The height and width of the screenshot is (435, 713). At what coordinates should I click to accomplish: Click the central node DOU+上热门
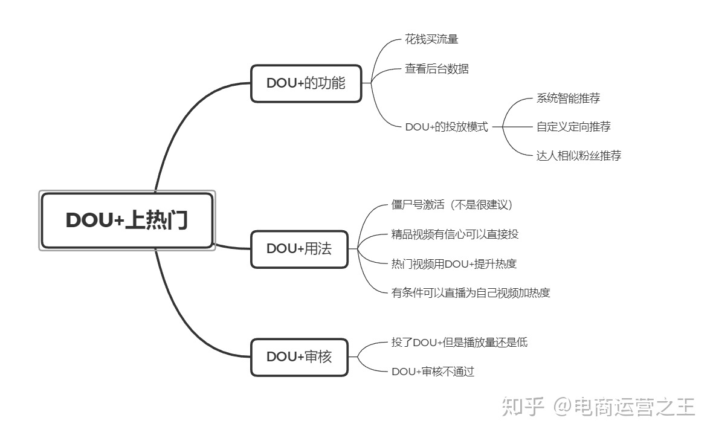click(127, 221)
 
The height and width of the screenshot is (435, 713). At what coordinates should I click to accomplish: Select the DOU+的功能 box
click(306, 83)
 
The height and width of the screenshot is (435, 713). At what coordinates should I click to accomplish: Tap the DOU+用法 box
click(299, 248)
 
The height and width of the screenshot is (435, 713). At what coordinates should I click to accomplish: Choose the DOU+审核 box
click(299, 356)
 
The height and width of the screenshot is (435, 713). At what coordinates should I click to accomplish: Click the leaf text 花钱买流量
click(431, 40)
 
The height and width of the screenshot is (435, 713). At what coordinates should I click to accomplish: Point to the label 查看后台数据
click(436, 69)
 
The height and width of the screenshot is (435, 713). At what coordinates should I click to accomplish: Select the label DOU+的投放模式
click(446, 127)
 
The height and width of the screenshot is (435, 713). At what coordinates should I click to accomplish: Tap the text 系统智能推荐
click(568, 98)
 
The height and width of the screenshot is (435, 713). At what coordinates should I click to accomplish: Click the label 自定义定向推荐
click(573, 127)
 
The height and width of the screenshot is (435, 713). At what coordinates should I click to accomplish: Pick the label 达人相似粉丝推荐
click(578, 156)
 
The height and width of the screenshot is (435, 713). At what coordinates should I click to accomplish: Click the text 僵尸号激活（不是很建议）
click(452, 205)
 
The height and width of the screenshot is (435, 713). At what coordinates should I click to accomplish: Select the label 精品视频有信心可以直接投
click(454, 234)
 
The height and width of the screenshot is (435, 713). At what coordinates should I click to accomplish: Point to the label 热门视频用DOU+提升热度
click(454, 263)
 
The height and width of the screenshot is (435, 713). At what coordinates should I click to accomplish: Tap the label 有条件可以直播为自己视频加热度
click(471, 293)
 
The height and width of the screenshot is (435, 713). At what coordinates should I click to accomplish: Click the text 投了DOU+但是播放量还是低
click(459, 343)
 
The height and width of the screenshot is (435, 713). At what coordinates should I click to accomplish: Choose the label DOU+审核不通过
click(433, 372)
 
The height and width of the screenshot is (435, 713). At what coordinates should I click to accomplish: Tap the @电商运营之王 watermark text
click(625, 407)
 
